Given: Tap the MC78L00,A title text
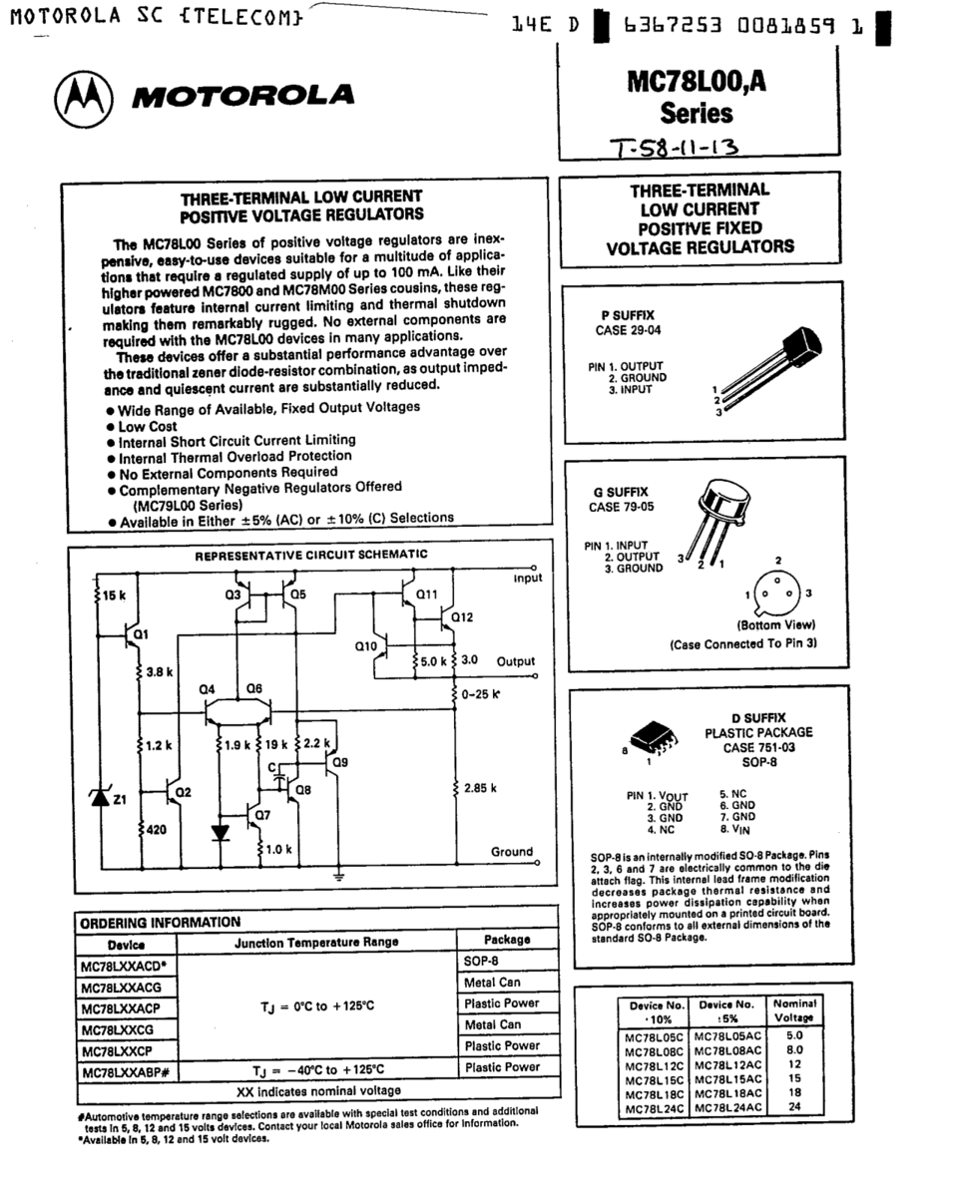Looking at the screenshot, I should coord(698,85).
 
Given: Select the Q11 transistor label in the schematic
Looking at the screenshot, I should coord(427,595).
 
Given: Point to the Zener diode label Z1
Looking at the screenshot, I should coord(119,799).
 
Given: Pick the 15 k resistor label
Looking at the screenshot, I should coord(113,596).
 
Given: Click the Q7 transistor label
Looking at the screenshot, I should coord(262,814).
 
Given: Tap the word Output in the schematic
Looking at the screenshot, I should coord(516,661).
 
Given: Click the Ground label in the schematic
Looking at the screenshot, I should coord(512,851).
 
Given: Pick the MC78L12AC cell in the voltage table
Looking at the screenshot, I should coord(727,1064).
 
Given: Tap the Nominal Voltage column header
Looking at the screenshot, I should coord(794,1009).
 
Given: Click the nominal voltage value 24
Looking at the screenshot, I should coord(794,1106).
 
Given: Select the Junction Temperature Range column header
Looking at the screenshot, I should coord(315,941).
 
